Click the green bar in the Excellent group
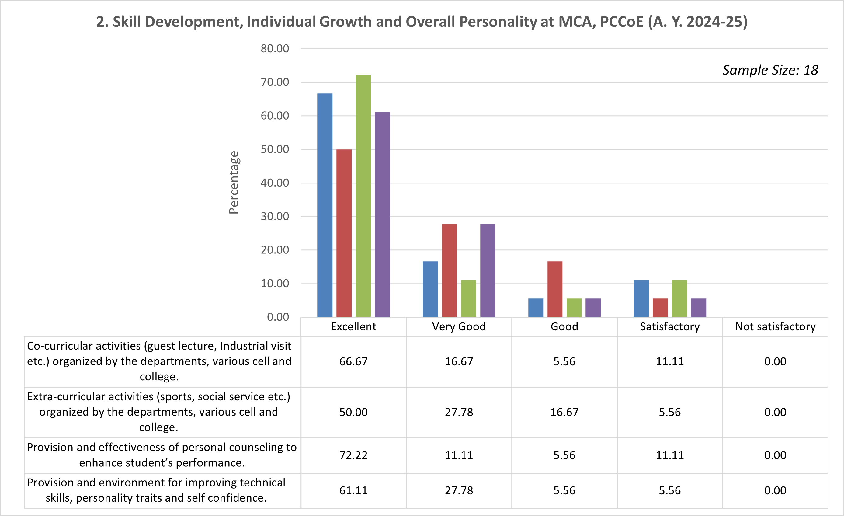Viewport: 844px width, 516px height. pyautogui.click(x=363, y=196)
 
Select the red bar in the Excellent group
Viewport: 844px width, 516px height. pyautogui.click(x=344, y=233)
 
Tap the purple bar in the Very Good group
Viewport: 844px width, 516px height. pyautogui.click(x=488, y=270)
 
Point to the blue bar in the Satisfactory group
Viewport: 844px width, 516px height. pyautogui.click(x=641, y=298)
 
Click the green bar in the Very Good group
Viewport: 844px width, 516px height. pyautogui.click(x=468, y=298)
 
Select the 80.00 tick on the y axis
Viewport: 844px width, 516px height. pyautogui.click(x=275, y=49)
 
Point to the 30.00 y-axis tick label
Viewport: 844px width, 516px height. pyautogui.click(x=275, y=217)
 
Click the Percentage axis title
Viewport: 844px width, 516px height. pyautogui.click(x=234, y=183)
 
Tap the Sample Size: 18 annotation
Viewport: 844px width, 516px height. pyautogui.click(x=770, y=70)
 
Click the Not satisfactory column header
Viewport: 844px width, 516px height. pyautogui.click(x=775, y=326)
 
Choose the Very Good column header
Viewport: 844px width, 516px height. pyautogui.click(x=459, y=326)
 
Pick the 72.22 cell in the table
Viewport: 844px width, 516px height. pyautogui.click(x=353, y=455)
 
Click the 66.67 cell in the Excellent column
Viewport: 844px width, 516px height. pyautogui.click(x=353, y=361)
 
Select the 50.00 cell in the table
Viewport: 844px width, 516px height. pyautogui.click(x=353, y=412)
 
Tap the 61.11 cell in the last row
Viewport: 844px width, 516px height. pyautogui.click(x=353, y=491)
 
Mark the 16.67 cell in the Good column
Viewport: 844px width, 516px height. pyautogui.click(x=564, y=412)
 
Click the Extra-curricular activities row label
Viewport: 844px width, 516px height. pyautogui.click(x=158, y=412)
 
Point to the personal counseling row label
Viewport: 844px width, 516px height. pyautogui.click(x=162, y=455)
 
